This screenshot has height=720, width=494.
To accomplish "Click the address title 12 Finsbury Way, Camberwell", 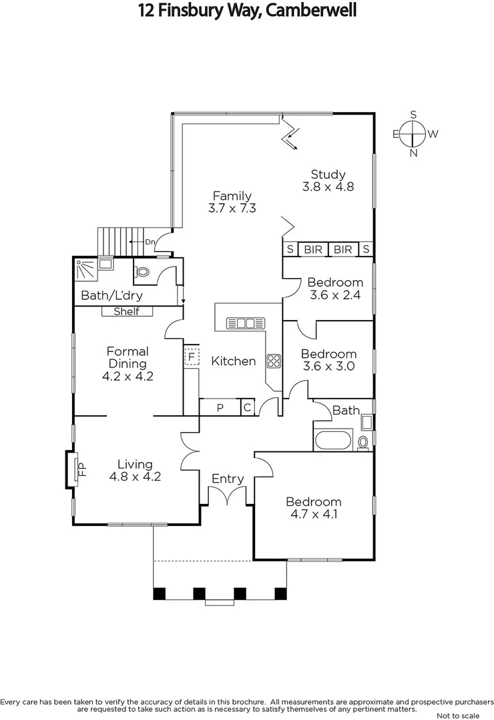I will pyautogui.click(x=247, y=11).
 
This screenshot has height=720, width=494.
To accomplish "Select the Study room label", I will pyautogui.click(x=328, y=181).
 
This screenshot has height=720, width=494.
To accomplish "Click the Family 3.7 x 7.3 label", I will pyautogui.click(x=232, y=201).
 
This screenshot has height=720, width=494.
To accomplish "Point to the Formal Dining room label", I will pyautogui.click(x=128, y=363).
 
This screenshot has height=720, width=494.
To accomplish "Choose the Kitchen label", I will pyautogui.click(x=234, y=361).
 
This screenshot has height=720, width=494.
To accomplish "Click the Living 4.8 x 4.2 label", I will pyautogui.click(x=136, y=471).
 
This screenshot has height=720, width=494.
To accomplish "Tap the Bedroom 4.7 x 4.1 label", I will pyautogui.click(x=314, y=508).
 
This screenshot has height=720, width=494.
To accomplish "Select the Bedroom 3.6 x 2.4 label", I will pyautogui.click(x=335, y=289).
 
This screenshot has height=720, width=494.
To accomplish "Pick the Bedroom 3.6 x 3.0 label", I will pyautogui.click(x=328, y=360).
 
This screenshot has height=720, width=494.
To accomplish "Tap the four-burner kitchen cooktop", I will pyautogui.click(x=274, y=361).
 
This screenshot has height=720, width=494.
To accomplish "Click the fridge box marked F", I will pyautogui.click(x=192, y=357).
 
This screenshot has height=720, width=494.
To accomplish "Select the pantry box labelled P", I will pyautogui.click(x=220, y=408).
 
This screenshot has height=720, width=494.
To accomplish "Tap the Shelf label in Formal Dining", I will pyautogui.click(x=127, y=311).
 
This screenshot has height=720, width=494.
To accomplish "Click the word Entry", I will pyautogui.click(x=228, y=479).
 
